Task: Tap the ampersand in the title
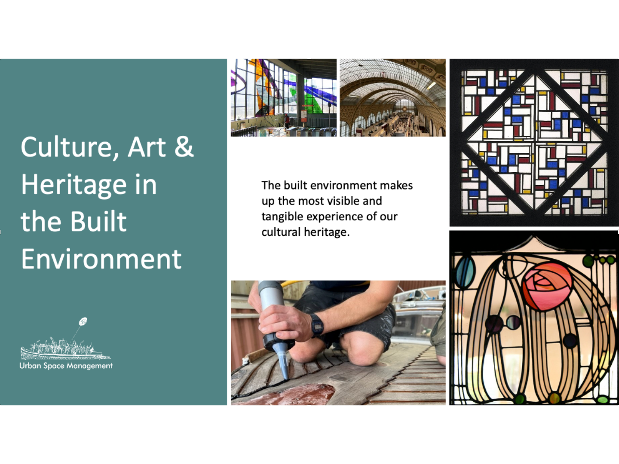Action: point(184,147)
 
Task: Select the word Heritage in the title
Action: point(74,185)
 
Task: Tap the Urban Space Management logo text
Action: point(66,366)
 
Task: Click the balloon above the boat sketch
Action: point(83,321)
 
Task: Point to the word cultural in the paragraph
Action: point(281,232)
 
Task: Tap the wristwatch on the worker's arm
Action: point(317,326)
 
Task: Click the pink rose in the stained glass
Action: point(547,287)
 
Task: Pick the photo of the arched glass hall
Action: point(392,98)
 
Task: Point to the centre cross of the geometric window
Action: point(534,143)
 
